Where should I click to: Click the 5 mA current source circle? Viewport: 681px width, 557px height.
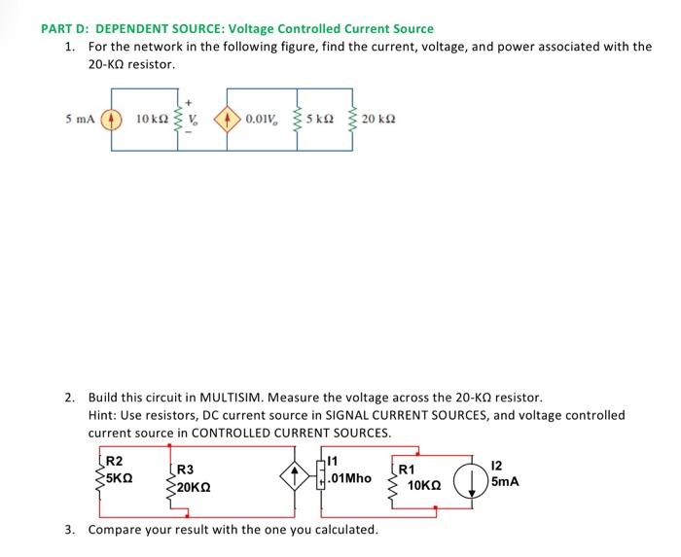click(x=111, y=121)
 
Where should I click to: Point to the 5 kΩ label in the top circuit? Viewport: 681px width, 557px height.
click(x=321, y=121)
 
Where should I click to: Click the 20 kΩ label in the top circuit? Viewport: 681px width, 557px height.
click(x=378, y=121)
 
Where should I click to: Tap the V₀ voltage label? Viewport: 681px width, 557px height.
click(x=194, y=121)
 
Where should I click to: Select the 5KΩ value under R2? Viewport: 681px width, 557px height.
click(x=120, y=478)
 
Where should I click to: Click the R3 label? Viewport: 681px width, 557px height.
click(x=184, y=469)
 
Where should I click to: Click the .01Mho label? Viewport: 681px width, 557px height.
click(x=348, y=478)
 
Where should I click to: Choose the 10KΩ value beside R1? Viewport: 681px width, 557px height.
click(x=426, y=483)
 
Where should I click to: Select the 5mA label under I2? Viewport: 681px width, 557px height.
click(x=506, y=482)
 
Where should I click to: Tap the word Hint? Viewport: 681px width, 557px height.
click(x=103, y=414)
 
